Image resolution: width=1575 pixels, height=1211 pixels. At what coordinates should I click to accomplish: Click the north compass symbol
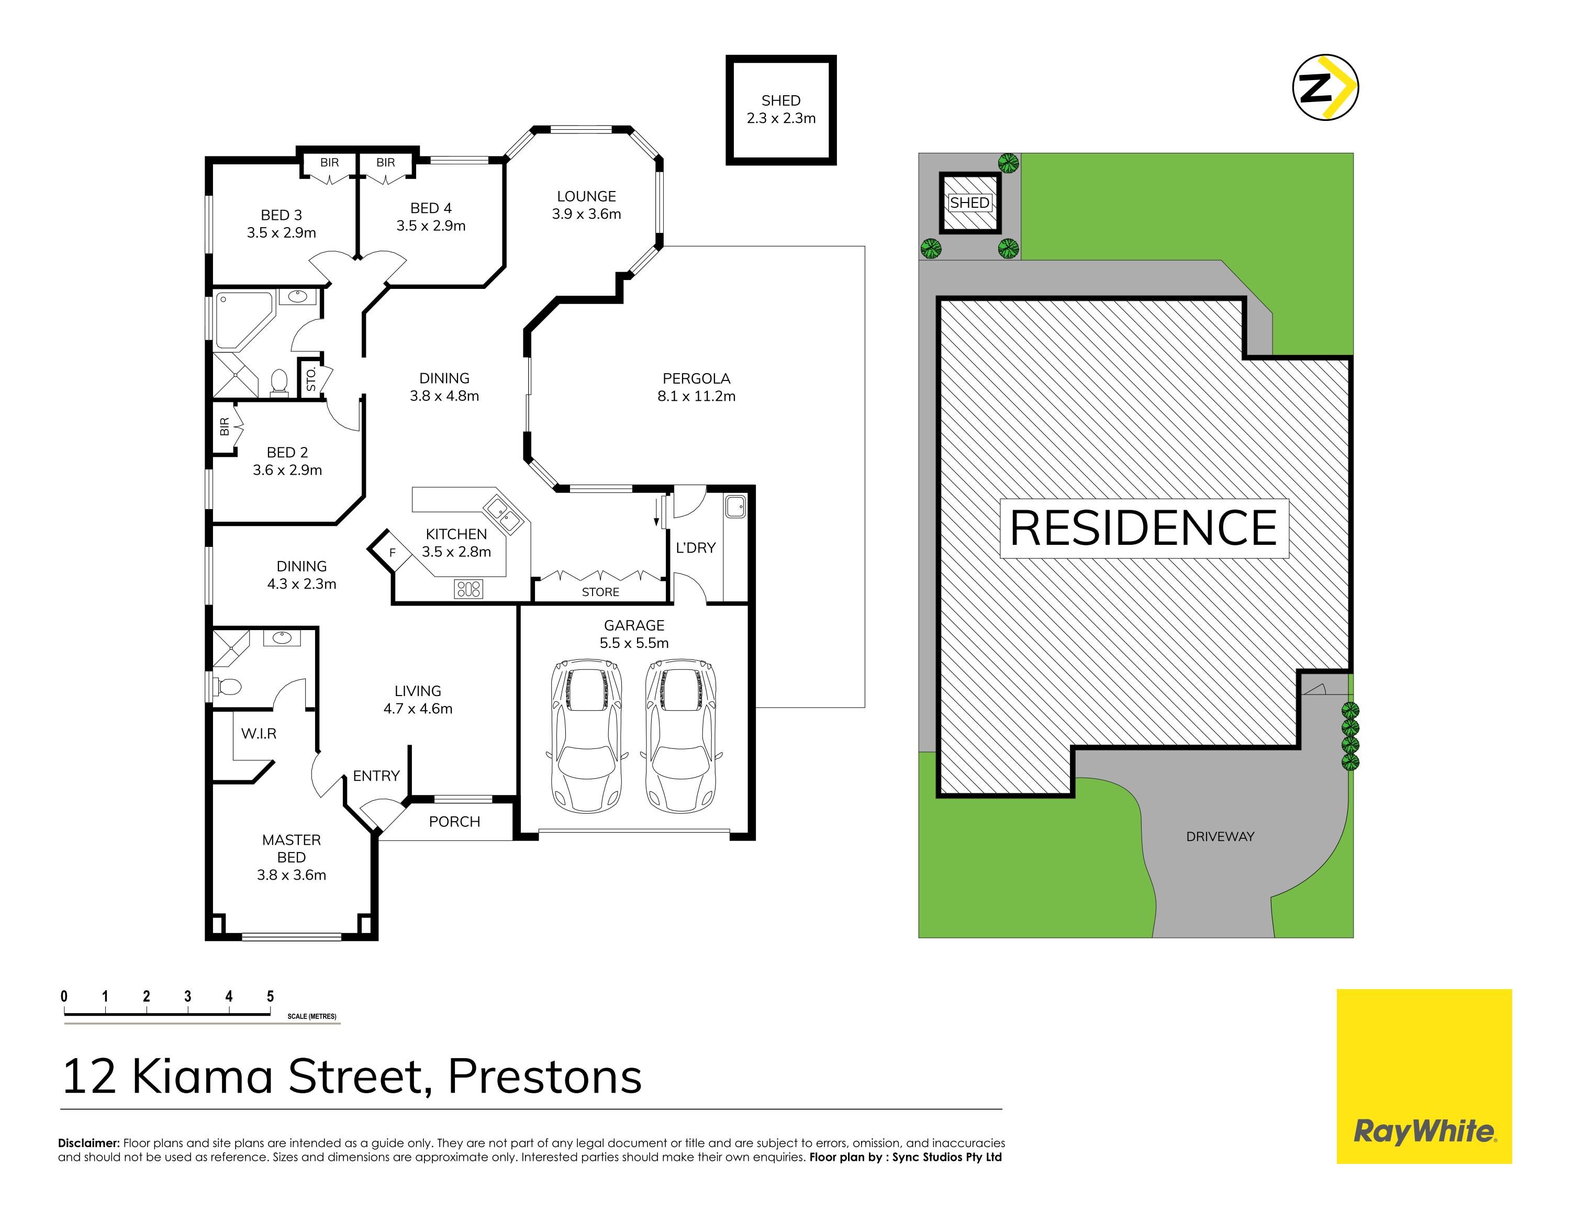click(x=1325, y=86)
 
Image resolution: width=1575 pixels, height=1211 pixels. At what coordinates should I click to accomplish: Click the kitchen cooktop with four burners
click(x=468, y=589)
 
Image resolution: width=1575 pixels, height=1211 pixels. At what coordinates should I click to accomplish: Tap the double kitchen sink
click(x=503, y=514)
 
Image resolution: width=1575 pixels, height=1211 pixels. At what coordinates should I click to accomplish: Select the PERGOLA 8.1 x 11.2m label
click(x=696, y=387)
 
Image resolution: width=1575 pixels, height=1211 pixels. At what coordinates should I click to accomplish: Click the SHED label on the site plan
click(x=969, y=203)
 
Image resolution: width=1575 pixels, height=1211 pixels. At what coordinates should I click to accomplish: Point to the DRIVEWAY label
click(x=1220, y=836)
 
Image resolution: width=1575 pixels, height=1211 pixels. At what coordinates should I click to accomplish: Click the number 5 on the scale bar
click(x=270, y=996)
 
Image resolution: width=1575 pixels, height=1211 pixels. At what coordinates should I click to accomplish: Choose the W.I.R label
click(x=259, y=733)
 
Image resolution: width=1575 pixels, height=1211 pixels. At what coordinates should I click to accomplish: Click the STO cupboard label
click(x=311, y=379)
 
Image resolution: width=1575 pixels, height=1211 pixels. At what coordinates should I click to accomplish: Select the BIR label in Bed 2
click(x=224, y=426)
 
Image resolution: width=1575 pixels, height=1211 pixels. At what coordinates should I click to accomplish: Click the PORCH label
click(x=454, y=821)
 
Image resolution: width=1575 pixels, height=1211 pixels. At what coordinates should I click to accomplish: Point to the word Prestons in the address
click(x=544, y=1077)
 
